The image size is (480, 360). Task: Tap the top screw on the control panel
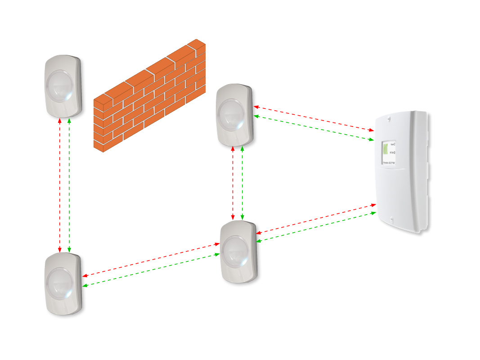click(389, 119)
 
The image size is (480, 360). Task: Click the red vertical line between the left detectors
click(60, 184)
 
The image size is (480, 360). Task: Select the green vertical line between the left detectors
click(69, 184)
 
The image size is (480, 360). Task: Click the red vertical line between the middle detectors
click(233, 184)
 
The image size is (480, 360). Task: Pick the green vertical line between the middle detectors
click(242, 184)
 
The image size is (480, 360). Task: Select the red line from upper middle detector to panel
click(315, 118)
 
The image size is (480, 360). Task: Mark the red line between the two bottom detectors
click(151, 260)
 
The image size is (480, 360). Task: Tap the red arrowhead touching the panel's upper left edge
click(371, 130)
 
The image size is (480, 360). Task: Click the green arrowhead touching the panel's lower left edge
click(373, 213)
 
